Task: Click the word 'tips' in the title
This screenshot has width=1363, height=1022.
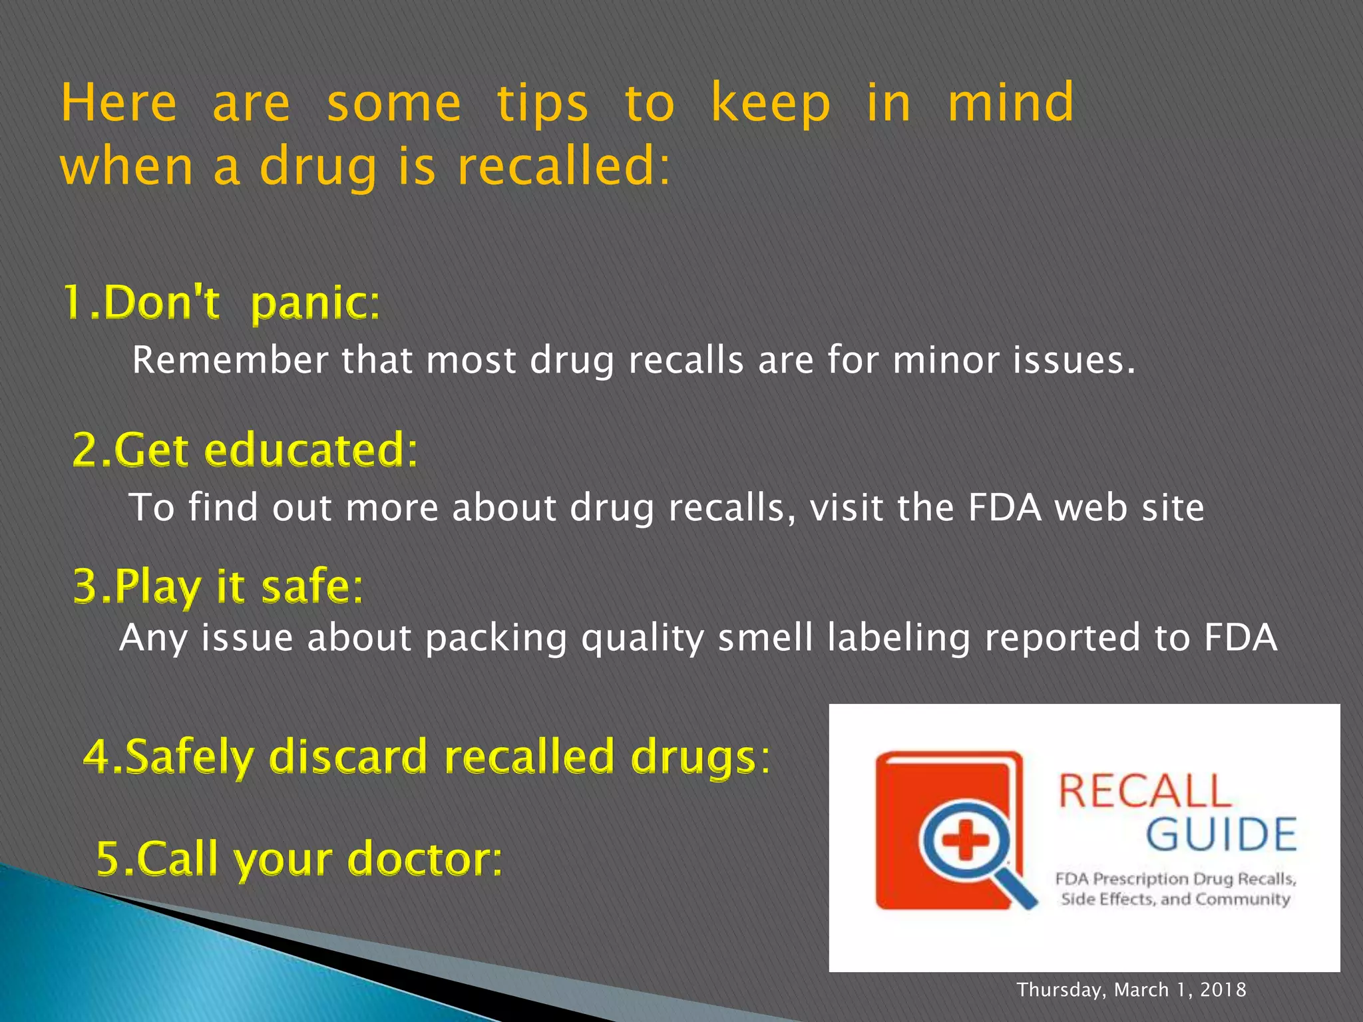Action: (542, 104)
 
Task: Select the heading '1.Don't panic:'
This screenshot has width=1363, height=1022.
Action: (222, 303)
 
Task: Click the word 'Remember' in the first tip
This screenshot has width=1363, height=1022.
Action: (230, 361)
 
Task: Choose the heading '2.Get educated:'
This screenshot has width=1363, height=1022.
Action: (245, 450)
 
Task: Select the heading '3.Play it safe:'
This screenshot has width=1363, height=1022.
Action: (218, 586)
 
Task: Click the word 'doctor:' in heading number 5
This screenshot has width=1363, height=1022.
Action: (425, 858)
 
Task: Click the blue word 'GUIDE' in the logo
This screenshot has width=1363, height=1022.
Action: (1221, 835)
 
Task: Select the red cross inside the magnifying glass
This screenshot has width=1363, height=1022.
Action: (965, 840)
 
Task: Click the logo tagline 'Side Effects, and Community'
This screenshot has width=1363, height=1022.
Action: (1175, 900)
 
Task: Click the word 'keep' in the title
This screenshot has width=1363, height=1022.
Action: (770, 104)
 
